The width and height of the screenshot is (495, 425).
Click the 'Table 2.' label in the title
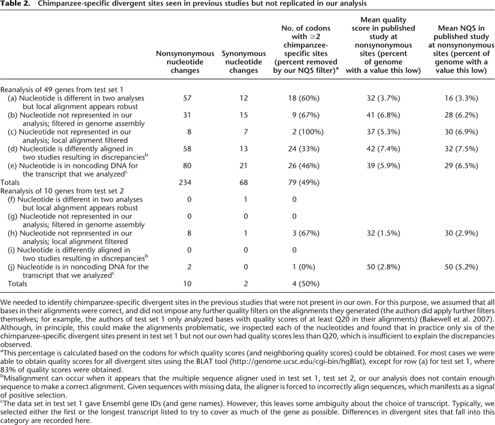(x=16, y=5)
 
